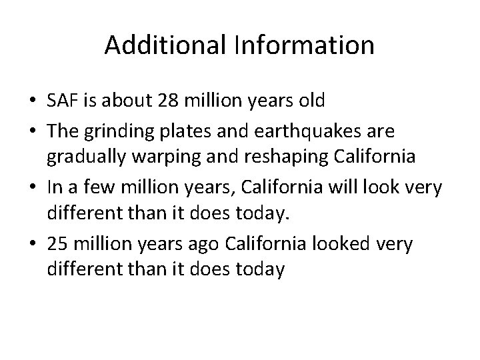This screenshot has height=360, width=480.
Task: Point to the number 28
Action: click(x=165, y=101)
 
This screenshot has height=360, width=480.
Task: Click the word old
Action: click(x=309, y=101)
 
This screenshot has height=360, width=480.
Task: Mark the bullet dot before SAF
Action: click(x=32, y=102)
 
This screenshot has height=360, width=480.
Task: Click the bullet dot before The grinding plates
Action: click(x=32, y=131)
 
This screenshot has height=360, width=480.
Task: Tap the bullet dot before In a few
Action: click(x=32, y=188)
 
